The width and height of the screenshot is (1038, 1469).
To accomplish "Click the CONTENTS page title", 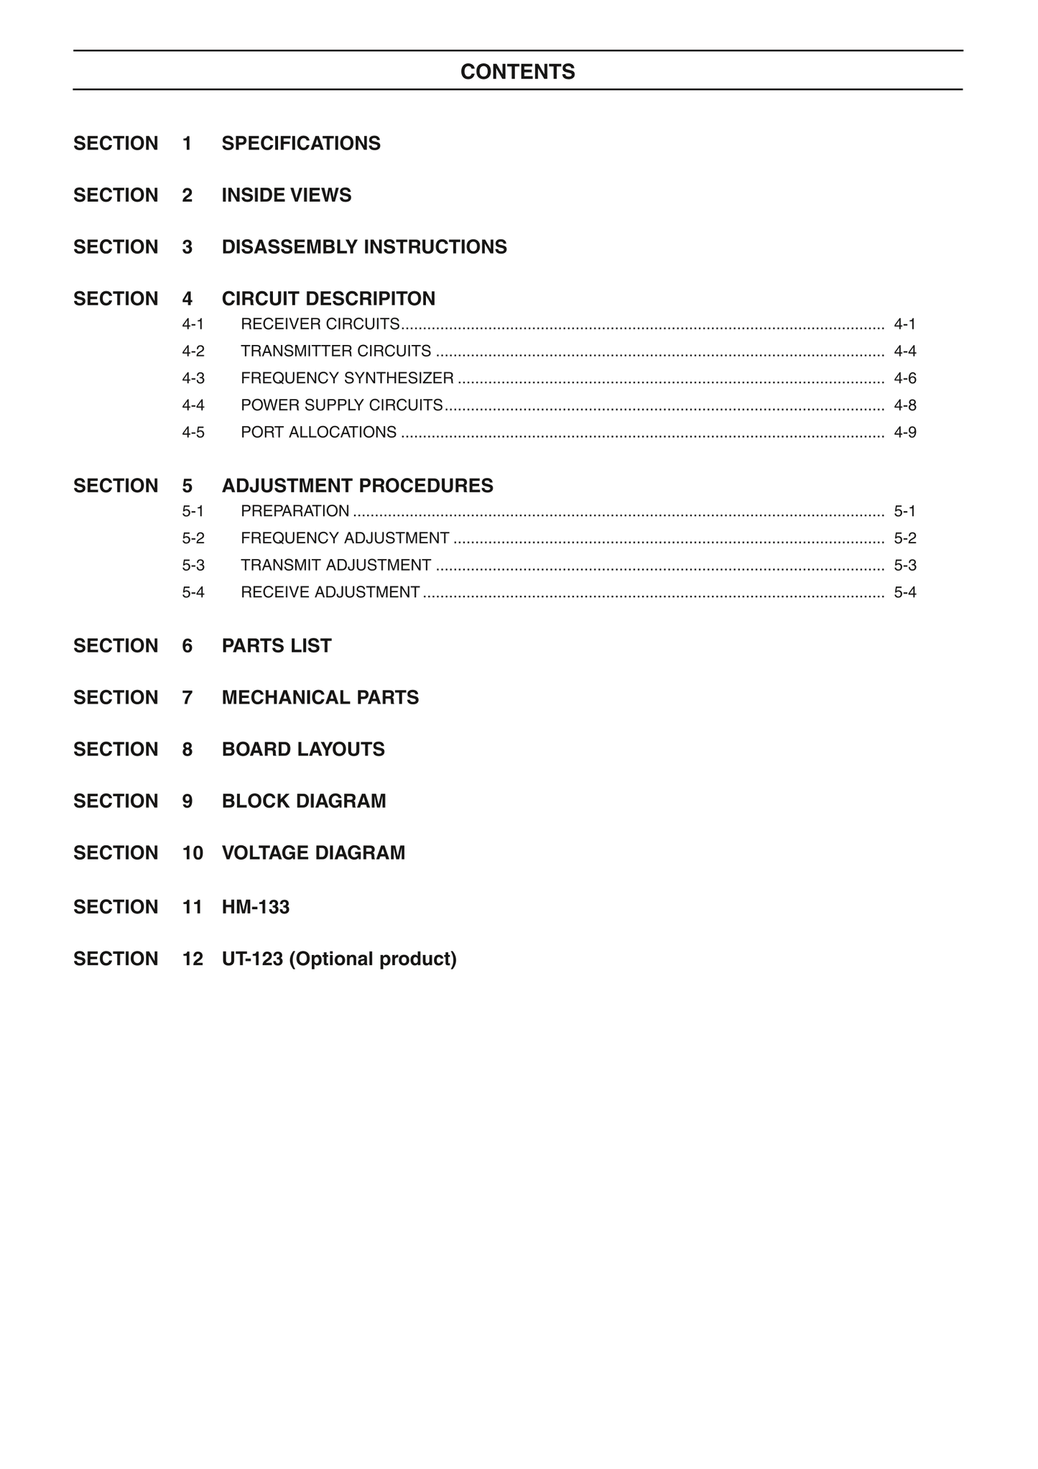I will click(517, 72).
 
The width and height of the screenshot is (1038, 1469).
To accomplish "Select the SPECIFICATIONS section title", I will click(301, 144).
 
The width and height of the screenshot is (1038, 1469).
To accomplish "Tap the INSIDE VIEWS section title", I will click(287, 195).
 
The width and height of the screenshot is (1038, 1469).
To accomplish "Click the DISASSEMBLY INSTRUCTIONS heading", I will click(364, 247).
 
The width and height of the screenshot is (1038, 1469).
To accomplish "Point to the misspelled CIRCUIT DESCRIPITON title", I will click(328, 299).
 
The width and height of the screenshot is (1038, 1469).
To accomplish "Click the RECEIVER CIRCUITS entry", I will click(320, 324).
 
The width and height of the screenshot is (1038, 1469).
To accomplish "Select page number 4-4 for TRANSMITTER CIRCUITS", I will click(904, 351).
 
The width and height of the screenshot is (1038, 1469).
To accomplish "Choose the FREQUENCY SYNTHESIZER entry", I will click(347, 378).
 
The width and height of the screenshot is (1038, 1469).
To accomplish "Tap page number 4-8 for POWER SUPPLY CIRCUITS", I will click(904, 405).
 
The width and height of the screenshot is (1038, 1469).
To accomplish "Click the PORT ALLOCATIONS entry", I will click(318, 433).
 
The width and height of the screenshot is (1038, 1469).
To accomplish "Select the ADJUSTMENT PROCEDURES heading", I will click(357, 486).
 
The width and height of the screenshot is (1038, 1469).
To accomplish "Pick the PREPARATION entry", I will click(295, 511).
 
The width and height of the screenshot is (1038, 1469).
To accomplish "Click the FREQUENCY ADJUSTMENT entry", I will click(345, 538).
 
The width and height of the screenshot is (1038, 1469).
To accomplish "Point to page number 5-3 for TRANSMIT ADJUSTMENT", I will click(904, 566).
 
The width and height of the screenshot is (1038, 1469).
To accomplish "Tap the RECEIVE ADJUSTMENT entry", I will click(330, 592).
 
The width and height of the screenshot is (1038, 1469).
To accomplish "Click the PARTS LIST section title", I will click(277, 646).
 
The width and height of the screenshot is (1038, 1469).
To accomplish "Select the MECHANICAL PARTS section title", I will click(320, 698).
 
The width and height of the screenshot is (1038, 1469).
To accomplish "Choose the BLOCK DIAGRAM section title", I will click(304, 801).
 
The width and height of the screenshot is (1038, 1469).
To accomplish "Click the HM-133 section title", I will click(256, 907).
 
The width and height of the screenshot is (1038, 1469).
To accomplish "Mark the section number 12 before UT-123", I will click(193, 959).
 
